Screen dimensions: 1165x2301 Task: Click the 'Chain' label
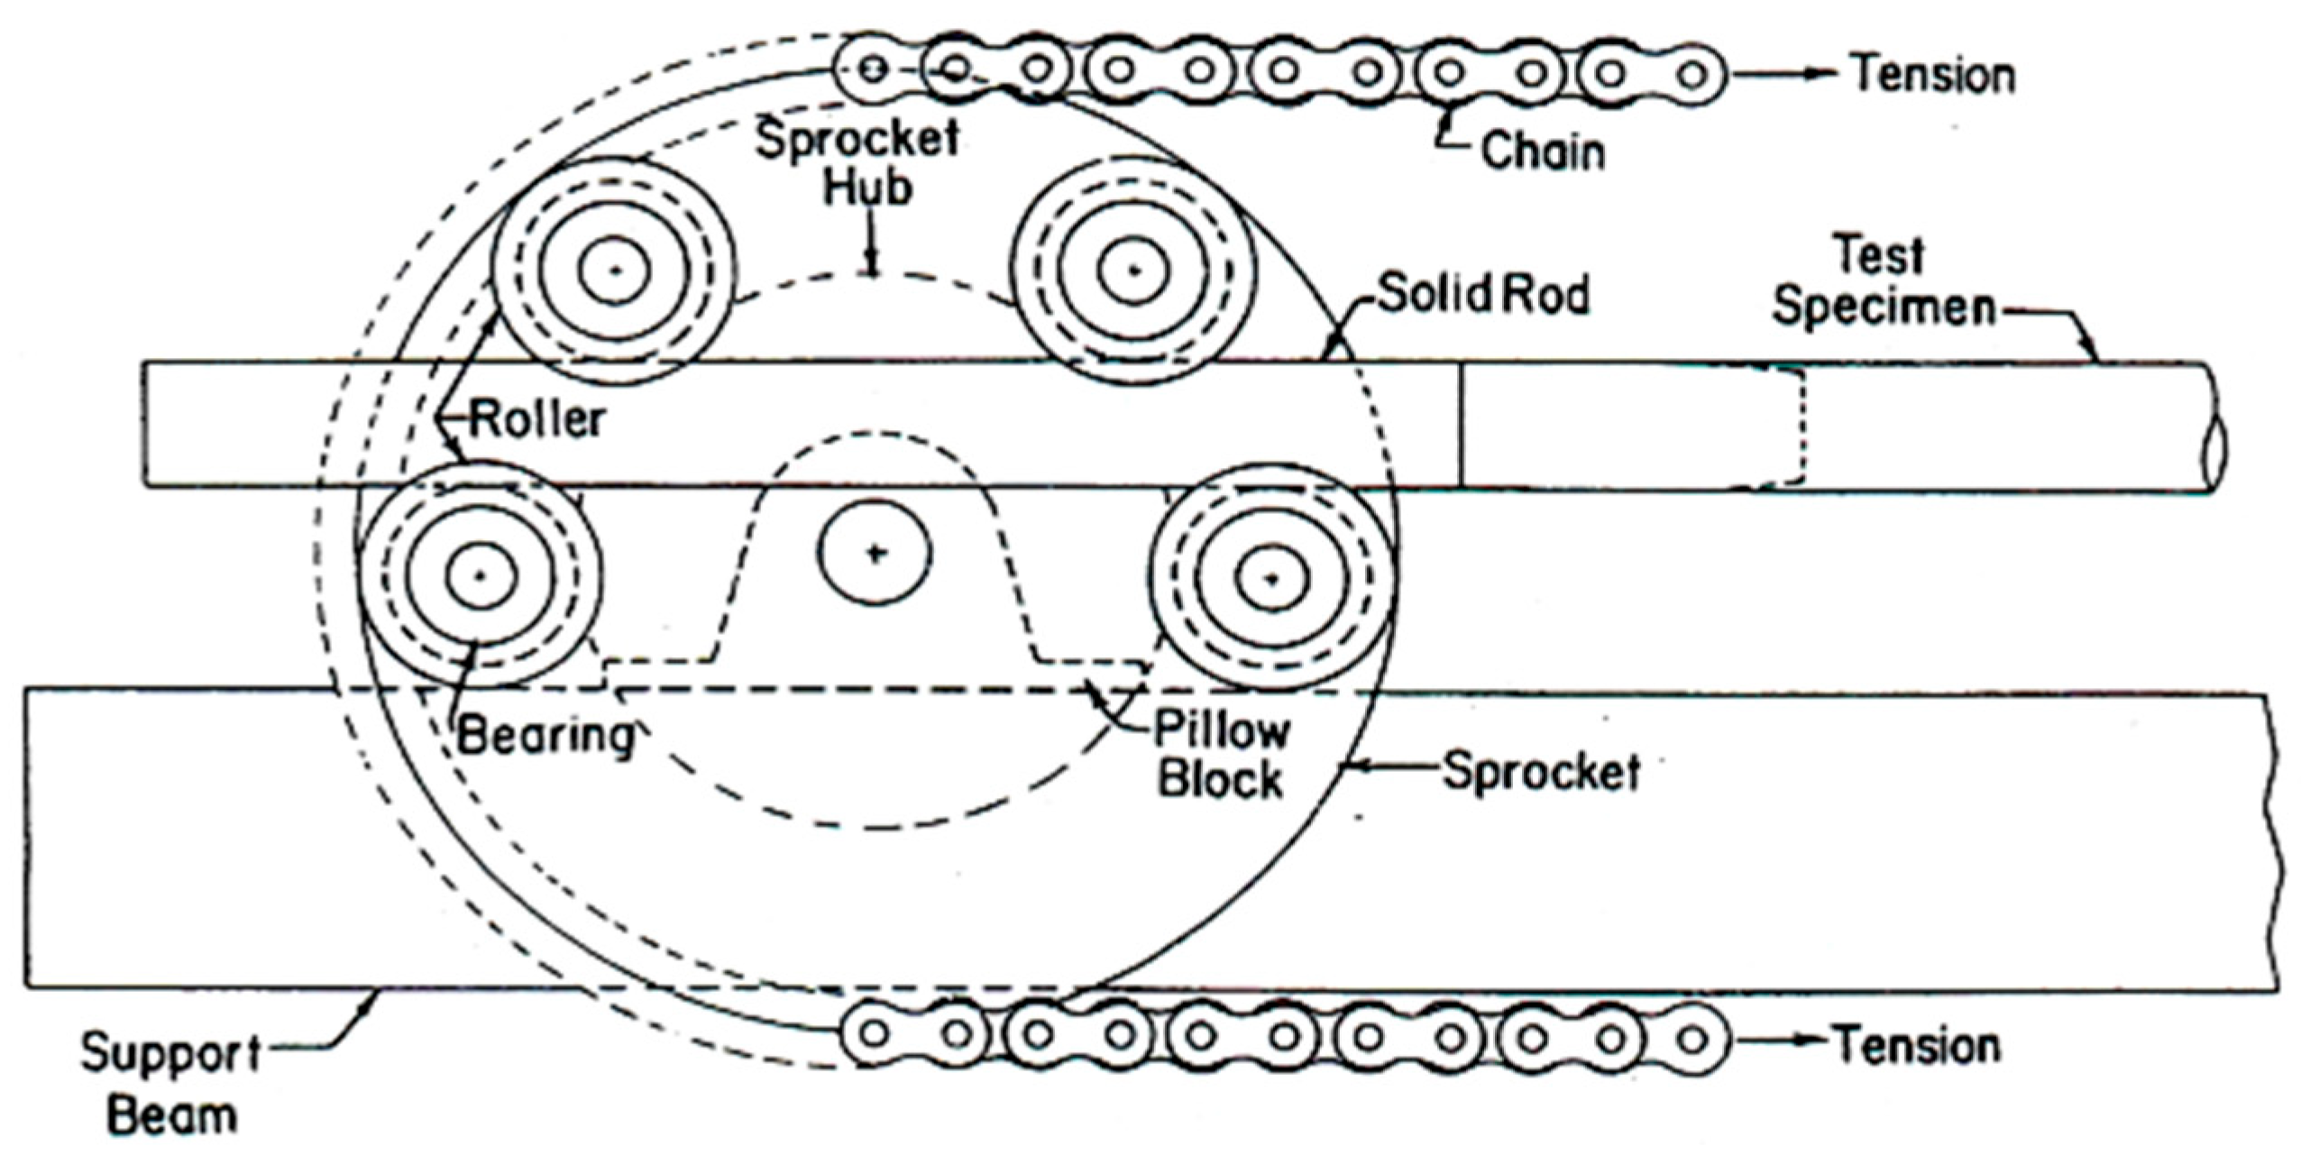coord(1542,151)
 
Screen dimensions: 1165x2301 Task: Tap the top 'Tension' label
coord(1933,74)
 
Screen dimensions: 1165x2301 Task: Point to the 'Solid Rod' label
coord(1483,295)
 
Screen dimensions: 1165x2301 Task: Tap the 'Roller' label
coord(537,419)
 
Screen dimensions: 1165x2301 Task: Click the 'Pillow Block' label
coord(1222,756)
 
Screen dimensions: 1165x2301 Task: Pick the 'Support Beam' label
coord(171,1085)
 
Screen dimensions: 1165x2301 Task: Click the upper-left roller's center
coord(615,270)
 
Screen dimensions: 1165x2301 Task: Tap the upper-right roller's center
coord(1134,270)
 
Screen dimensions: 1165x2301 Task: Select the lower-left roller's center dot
coord(481,575)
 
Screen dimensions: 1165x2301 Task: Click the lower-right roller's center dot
coord(1271,578)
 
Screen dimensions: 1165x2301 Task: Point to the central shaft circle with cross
coord(875,553)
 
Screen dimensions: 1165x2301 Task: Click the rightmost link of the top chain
coord(1693,74)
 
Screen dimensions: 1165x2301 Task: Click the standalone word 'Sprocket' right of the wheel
coord(1542,772)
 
